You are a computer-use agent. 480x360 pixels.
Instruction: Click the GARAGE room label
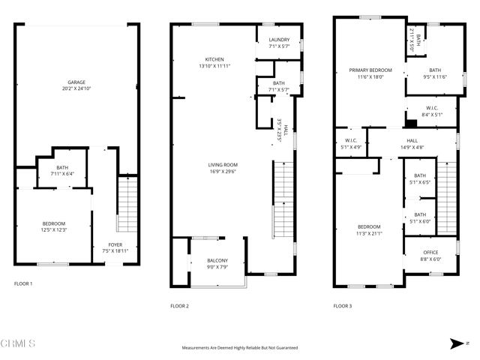point(76,82)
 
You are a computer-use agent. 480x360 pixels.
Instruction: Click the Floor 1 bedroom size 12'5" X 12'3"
point(53,230)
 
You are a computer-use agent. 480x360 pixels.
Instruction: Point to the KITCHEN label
point(214,60)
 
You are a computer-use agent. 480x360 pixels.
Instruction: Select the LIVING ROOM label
point(223,164)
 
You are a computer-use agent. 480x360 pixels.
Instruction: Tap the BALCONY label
point(217,260)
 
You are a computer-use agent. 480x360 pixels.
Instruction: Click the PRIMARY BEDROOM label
point(370,70)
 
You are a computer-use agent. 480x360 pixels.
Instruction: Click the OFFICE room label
point(430,253)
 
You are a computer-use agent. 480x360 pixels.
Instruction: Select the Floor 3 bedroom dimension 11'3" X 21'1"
point(368,233)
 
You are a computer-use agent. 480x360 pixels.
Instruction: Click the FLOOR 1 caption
point(23,284)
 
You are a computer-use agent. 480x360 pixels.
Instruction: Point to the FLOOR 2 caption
point(179,306)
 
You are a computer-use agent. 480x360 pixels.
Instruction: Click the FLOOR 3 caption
point(342,306)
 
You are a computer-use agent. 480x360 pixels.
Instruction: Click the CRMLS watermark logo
point(18,344)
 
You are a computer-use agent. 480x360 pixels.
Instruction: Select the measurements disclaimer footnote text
point(239,348)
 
